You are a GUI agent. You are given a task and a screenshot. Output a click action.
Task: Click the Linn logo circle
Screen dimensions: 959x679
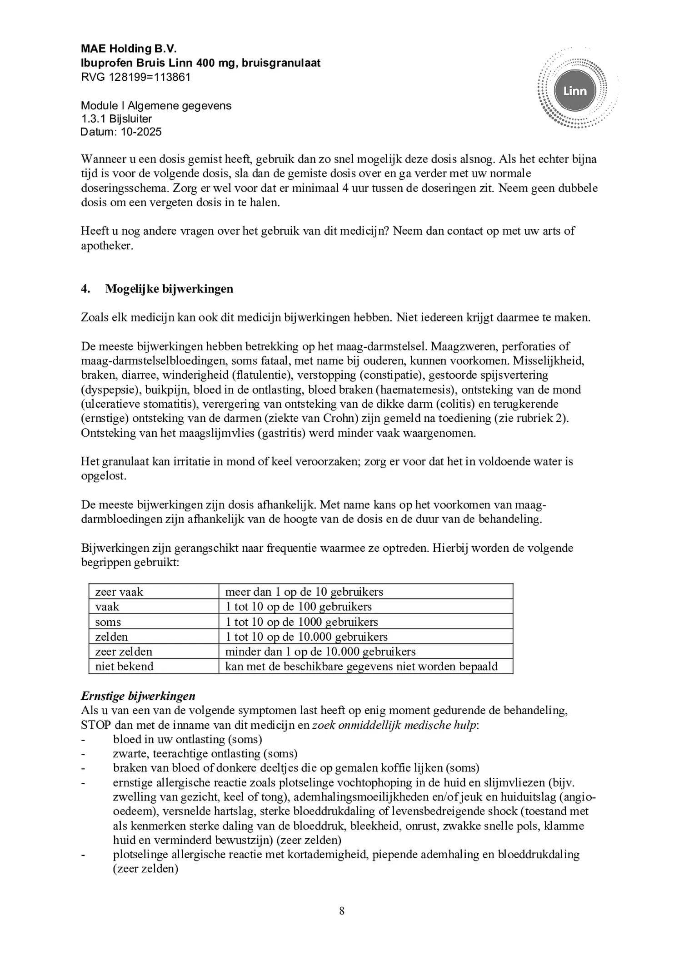click(574, 91)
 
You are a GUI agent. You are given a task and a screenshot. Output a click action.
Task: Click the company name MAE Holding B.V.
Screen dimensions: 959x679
click(129, 49)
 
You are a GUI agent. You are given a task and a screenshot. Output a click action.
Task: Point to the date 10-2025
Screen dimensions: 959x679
click(141, 132)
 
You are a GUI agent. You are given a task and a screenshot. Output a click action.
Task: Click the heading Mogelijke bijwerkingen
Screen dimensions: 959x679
click(169, 289)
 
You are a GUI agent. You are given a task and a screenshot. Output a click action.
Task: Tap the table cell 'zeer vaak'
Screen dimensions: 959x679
click(119, 592)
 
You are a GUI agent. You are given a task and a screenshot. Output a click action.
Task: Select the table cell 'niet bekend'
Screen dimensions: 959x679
click(124, 667)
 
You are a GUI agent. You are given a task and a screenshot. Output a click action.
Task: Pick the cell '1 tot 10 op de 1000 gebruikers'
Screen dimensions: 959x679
click(301, 622)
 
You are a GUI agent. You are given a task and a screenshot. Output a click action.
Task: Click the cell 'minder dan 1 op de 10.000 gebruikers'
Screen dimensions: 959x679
click(320, 652)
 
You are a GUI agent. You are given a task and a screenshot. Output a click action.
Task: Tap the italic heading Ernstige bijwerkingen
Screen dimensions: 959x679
click(138, 696)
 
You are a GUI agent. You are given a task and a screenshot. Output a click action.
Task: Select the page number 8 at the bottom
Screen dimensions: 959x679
click(342, 911)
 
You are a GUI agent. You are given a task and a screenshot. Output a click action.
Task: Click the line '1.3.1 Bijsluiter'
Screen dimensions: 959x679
click(116, 119)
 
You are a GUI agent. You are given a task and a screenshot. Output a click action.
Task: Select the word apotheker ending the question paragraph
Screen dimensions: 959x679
click(106, 246)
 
